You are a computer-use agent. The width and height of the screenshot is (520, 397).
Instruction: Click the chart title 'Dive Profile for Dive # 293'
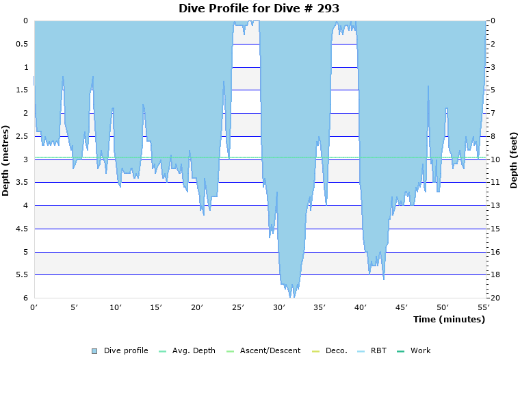click(x=259, y=8)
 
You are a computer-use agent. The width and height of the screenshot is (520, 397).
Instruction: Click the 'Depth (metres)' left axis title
click(x=6, y=160)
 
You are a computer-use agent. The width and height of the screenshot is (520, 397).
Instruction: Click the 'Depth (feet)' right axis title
click(x=513, y=160)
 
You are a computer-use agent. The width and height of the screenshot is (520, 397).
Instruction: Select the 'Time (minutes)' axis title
click(x=449, y=319)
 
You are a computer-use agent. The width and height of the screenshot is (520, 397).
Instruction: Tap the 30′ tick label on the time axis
click(x=279, y=307)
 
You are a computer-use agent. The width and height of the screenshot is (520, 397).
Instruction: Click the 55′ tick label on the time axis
click(x=483, y=307)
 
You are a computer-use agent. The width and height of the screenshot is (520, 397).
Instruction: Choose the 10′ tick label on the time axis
click(x=116, y=307)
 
